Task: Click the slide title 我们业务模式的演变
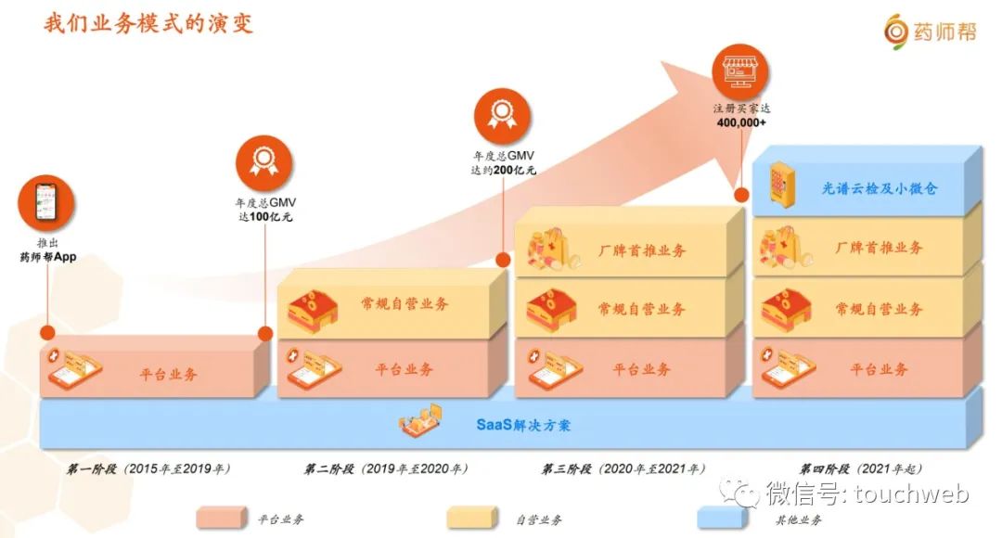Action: tap(148, 22)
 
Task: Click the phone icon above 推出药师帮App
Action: tap(45, 203)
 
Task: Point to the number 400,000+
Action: tap(741, 122)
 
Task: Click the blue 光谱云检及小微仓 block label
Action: tap(879, 188)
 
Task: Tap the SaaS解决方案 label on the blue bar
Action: tap(523, 426)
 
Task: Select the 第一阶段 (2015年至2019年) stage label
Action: tap(149, 469)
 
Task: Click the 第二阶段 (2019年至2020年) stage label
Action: tap(386, 469)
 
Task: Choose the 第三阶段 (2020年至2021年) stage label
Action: tap(623, 469)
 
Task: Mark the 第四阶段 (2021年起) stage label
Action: tap(861, 469)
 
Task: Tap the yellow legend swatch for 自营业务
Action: tap(471, 518)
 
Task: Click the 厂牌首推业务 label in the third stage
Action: tap(641, 249)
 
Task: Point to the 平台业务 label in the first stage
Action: tap(168, 375)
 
